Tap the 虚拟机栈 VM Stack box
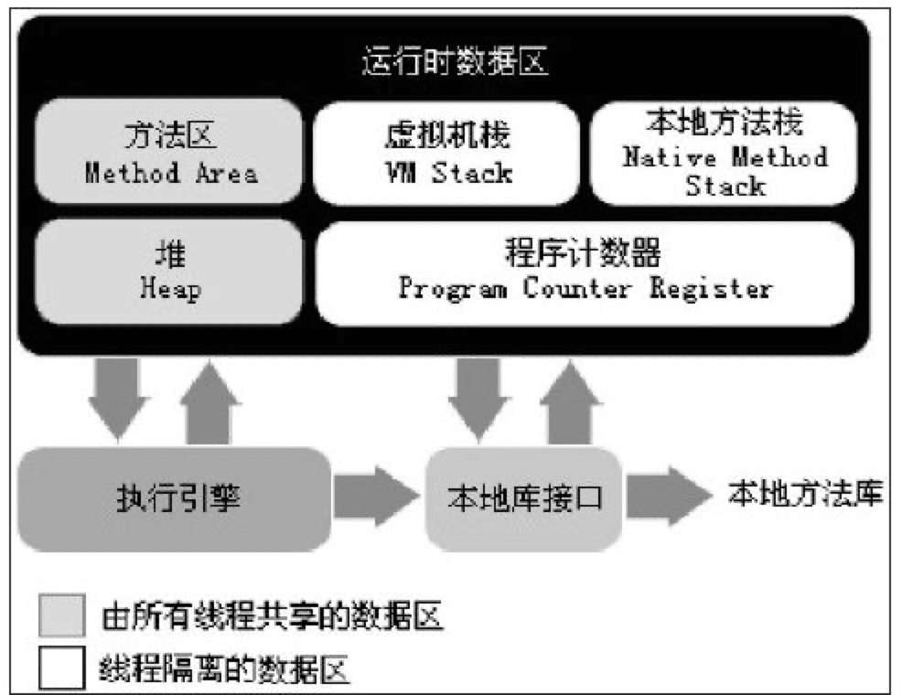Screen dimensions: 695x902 [446, 153]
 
